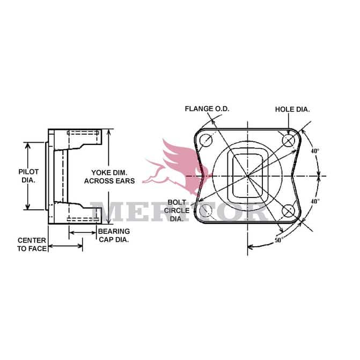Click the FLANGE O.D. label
(x=207, y=109)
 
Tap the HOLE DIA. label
(x=292, y=109)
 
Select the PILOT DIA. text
(x=28, y=176)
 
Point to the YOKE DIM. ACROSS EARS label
(x=109, y=177)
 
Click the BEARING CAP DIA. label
(x=114, y=236)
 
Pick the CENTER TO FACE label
(x=32, y=244)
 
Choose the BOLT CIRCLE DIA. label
(x=177, y=210)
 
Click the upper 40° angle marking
(x=315, y=151)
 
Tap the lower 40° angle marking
(x=315, y=201)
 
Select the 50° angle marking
(x=279, y=240)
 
